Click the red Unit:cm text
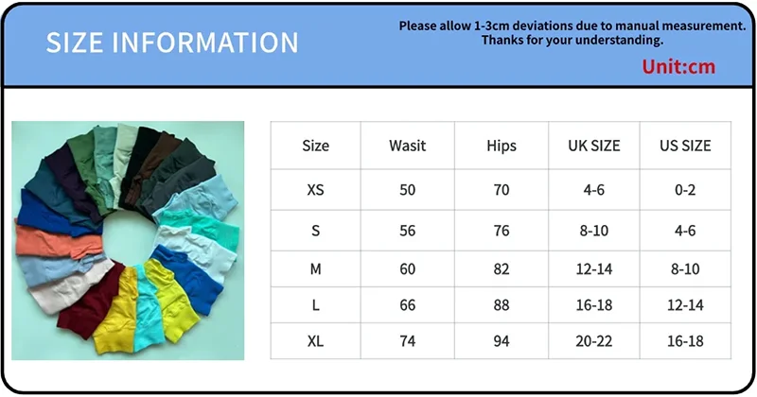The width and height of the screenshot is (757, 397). (678, 66)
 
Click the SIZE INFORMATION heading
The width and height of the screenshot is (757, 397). (172, 43)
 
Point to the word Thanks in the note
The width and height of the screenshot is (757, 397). (502, 40)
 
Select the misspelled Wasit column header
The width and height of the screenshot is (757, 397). (408, 146)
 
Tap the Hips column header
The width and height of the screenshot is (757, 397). (502, 146)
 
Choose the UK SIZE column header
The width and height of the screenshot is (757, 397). (594, 146)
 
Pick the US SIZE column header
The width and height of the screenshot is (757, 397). (685, 146)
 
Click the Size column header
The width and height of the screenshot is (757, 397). (315, 146)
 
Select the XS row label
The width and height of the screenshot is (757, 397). (315, 190)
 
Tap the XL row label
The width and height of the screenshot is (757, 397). (315, 341)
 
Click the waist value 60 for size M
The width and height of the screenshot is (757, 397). (408, 268)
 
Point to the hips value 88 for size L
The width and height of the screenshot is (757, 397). (502, 305)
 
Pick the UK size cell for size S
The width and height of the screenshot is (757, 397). (594, 231)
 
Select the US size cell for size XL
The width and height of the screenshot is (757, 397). (685, 341)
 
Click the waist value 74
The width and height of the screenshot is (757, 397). (408, 341)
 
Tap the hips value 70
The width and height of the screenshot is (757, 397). (502, 190)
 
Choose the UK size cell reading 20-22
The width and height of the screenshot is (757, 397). (594, 341)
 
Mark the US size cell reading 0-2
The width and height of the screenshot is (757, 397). (685, 190)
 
